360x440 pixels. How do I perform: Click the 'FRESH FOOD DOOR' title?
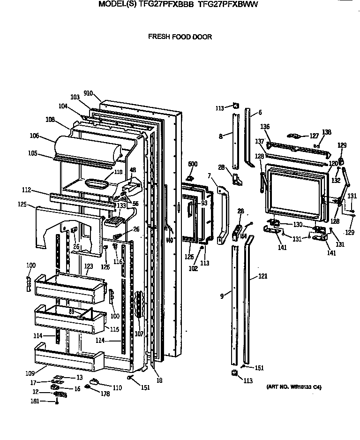click(180, 37)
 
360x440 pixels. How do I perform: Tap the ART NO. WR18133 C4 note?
click(293, 387)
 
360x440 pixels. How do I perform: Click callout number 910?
click(88, 93)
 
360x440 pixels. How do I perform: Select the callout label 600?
click(193, 164)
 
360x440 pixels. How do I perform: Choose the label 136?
click(265, 126)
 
